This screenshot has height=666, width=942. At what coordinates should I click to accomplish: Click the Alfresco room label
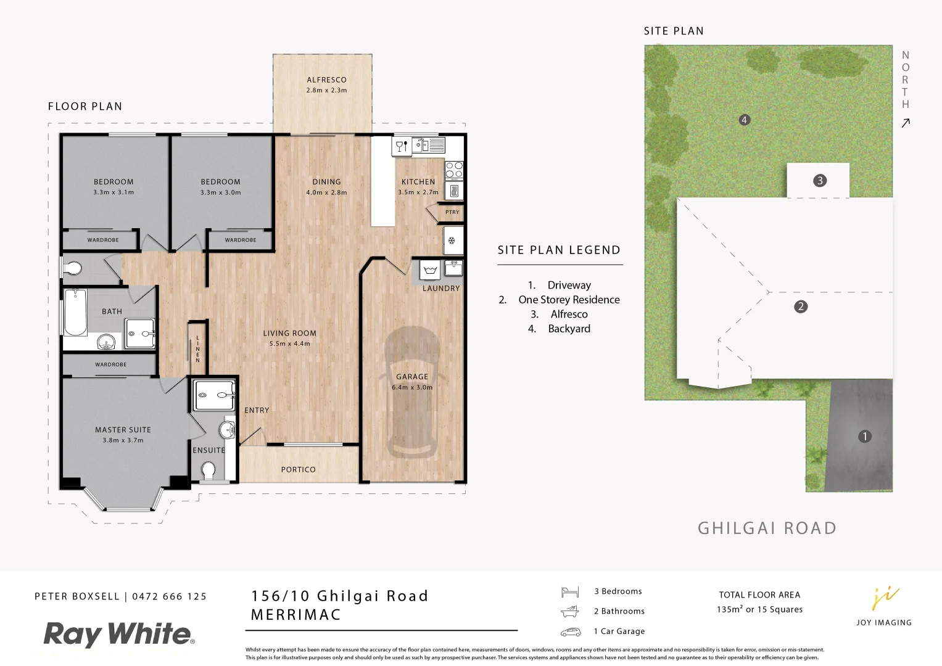326,80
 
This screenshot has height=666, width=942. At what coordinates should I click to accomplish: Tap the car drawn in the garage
412,395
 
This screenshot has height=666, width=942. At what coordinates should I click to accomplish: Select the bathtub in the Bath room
75,312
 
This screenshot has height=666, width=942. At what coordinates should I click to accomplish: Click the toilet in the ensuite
209,471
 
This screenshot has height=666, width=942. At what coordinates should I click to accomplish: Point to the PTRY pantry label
452,212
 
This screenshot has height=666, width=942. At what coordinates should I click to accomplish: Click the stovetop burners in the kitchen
454,170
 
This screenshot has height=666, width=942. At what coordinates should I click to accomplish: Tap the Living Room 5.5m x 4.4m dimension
289,344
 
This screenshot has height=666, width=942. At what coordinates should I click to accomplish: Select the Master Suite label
123,430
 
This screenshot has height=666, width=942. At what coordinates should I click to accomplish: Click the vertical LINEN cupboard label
197,349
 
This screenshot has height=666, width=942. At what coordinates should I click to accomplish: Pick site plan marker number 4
745,120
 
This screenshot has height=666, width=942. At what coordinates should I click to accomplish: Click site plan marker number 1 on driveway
865,437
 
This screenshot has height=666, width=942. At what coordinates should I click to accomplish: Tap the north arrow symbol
906,123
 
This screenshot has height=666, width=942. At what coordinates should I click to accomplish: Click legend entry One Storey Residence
569,300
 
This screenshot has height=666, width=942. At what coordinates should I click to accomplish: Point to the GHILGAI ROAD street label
767,528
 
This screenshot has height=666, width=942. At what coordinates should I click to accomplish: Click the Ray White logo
119,635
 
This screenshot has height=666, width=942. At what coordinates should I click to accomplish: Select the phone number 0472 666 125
170,596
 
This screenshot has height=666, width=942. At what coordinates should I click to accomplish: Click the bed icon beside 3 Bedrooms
570,592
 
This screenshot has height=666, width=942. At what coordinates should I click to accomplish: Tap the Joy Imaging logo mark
885,598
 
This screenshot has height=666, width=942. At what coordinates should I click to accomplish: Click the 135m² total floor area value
729,609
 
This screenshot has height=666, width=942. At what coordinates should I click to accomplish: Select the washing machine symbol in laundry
430,270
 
